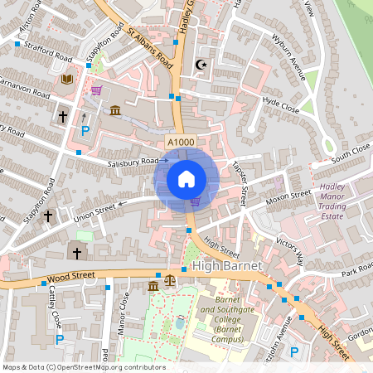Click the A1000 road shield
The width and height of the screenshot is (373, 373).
(x=182, y=143)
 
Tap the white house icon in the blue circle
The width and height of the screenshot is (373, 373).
(x=186, y=179)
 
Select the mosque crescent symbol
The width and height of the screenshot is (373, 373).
(x=198, y=64)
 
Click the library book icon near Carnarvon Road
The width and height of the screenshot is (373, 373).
(x=67, y=79)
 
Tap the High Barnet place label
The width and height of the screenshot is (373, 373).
(x=227, y=266)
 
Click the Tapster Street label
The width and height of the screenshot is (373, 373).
(x=242, y=182)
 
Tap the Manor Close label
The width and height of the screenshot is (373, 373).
(x=123, y=312)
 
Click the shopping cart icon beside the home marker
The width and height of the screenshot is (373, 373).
(x=196, y=201)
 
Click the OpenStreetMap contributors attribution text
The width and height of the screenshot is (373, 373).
(x=84, y=366)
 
